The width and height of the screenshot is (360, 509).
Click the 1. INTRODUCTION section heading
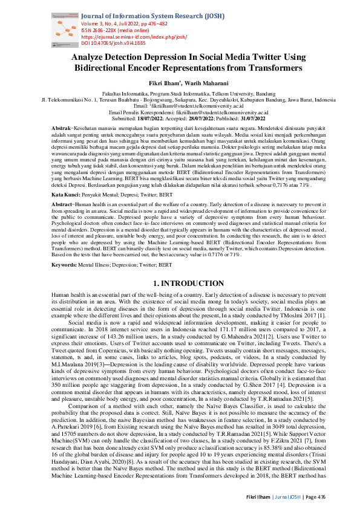pyautogui.click(x=180, y=300)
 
